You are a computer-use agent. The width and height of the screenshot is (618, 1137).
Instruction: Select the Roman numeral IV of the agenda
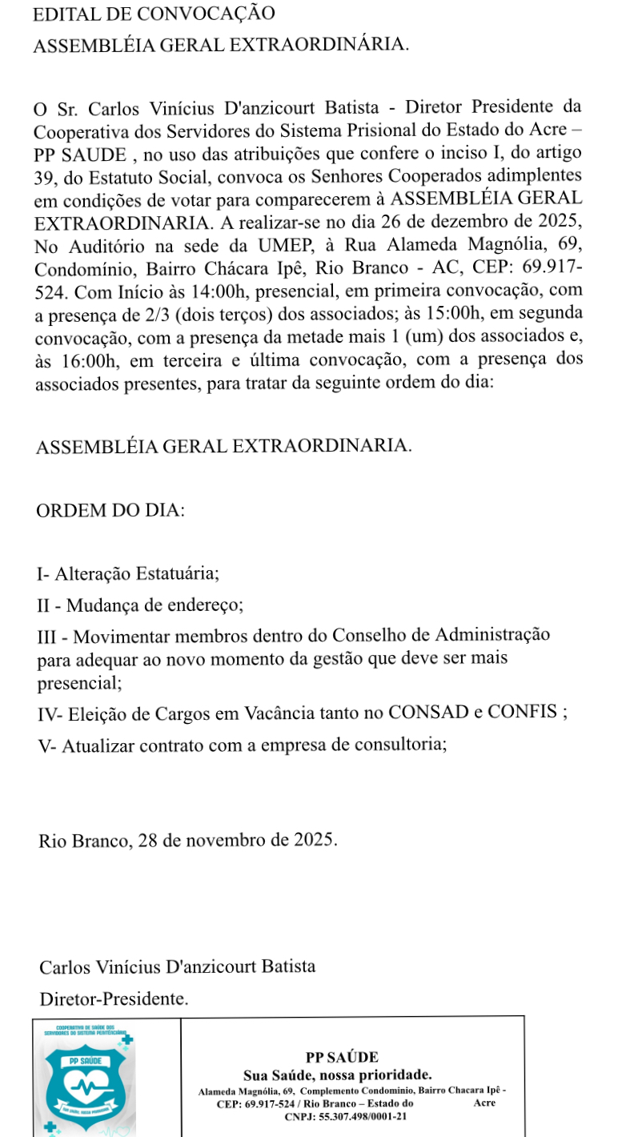tap(50, 713)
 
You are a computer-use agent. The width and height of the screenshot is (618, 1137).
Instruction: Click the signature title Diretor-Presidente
tap(114, 998)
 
